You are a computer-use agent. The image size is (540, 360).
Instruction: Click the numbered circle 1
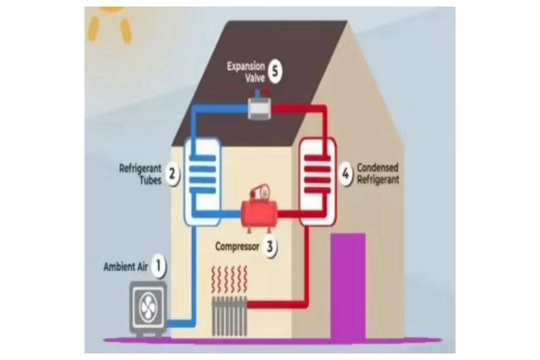158,265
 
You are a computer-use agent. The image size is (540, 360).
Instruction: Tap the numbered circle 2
172,174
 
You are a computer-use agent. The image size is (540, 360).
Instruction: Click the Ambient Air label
127,267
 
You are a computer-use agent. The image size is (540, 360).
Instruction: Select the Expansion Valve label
246,72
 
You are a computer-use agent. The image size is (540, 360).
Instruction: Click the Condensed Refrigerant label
378,174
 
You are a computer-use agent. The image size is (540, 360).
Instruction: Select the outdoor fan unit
147,310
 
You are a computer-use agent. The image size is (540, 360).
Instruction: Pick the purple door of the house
348,286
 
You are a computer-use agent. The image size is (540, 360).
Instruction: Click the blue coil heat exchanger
202,181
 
